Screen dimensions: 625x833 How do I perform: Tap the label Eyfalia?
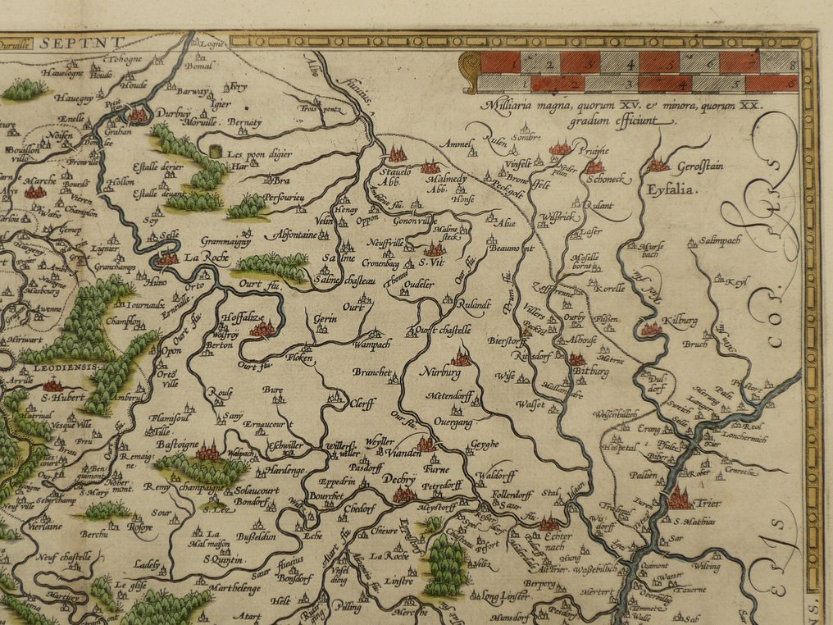click(670, 189)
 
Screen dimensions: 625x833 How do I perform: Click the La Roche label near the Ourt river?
click(204, 258)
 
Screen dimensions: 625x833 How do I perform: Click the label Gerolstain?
click(700, 167)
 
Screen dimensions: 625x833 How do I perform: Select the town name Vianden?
click(394, 450)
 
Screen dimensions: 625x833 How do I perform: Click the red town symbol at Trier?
click(680, 497)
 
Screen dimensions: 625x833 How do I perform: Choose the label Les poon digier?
click(259, 153)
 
